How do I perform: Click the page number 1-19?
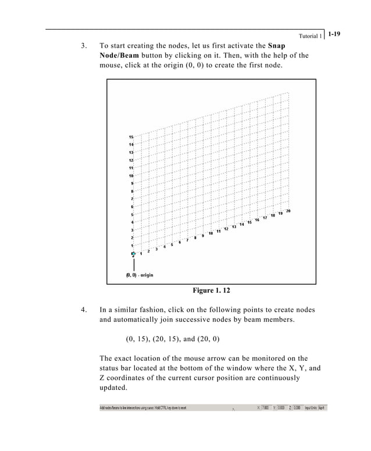pos(334,34)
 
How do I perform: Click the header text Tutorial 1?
pos(309,36)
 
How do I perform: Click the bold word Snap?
pos(276,45)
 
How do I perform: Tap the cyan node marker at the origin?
pos(133,254)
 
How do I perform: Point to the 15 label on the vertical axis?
pos(131,137)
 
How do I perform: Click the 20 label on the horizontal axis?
pos(288,211)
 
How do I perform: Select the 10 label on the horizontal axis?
pos(211,233)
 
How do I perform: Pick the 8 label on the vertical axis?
pos(131,191)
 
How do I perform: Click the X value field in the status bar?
pos(265,408)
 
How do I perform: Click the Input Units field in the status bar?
pos(322,408)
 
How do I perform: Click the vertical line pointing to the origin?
pos(134,263)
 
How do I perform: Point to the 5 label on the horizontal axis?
pos(172,244)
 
